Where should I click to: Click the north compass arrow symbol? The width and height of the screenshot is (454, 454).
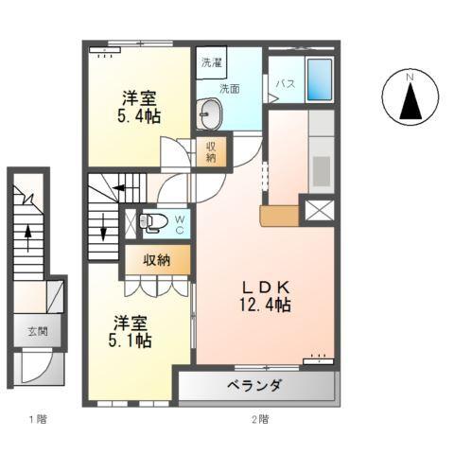(410, 101)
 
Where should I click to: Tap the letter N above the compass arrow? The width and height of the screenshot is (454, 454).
(410, 78)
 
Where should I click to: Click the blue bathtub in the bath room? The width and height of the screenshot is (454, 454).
(320, 79)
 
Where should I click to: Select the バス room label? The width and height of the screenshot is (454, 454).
(286, 84)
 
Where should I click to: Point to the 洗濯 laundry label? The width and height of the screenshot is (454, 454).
(212, 62)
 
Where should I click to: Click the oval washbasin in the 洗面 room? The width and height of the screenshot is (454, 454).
(209, 113)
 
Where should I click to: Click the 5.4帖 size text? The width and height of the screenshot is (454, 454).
(139, 116)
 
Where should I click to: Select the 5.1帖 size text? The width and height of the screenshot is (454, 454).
(130, 340)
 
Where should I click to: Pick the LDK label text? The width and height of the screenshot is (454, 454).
(265, 287)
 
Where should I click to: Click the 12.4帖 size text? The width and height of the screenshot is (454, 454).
(265, 305)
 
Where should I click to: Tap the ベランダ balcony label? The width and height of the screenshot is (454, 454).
(253, 385)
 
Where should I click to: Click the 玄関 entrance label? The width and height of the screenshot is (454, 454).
(38, 331)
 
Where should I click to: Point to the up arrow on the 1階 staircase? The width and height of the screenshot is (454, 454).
(28, 237)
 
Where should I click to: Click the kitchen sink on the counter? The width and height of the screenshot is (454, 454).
(322, 170)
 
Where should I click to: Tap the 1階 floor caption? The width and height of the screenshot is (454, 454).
(38, 419)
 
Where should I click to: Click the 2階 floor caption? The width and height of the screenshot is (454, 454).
(260, 419)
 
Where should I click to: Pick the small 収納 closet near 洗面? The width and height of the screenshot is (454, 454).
(211, 152)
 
